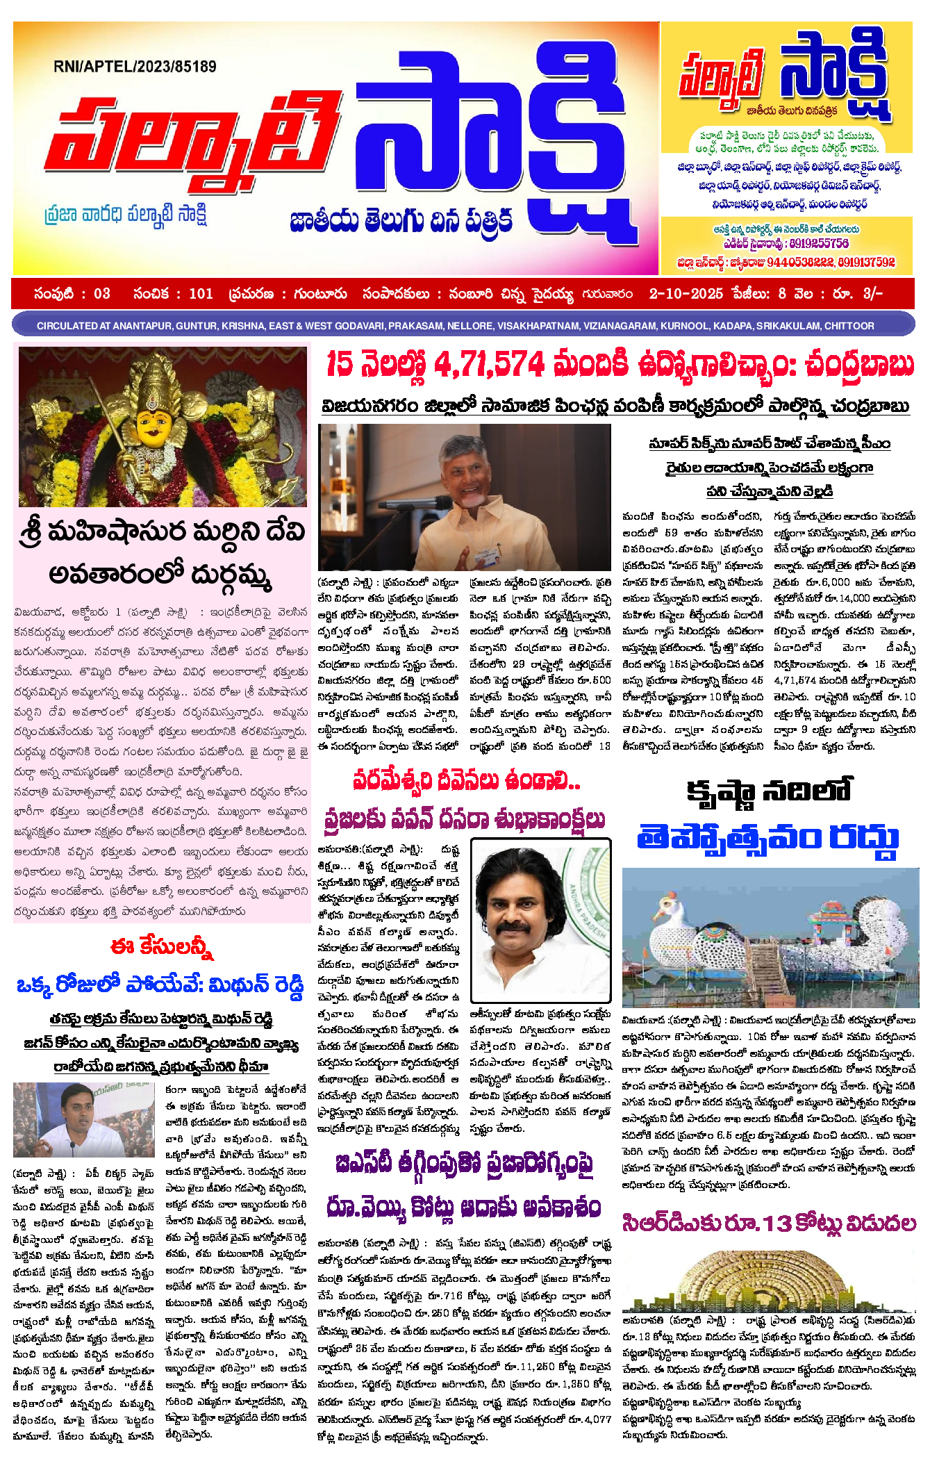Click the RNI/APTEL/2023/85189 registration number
click(x=135, y=67)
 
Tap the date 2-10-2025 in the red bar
click(x=686, y=294)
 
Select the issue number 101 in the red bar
click(x=201, y=294)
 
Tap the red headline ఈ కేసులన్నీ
click(x=162, y=947)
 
